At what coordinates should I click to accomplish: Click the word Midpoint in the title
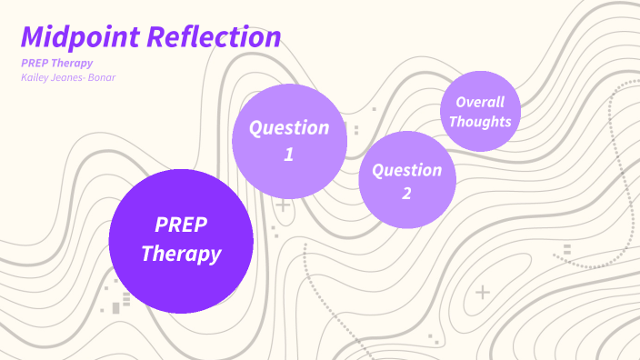pos(81,37)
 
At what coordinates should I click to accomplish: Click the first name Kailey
pos(36,77)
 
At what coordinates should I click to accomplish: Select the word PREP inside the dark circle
pos(181,225)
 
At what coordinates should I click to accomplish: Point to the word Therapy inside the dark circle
pos(181,254)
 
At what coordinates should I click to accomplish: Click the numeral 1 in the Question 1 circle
pos(289,155)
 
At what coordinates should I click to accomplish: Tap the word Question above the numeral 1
pos(289,127)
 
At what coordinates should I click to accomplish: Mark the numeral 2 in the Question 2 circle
pos(406,193)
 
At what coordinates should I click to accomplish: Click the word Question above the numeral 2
pos(406,170)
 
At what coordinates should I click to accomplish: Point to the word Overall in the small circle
pos(480,102)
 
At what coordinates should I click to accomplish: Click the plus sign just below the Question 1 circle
pos(284,205)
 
